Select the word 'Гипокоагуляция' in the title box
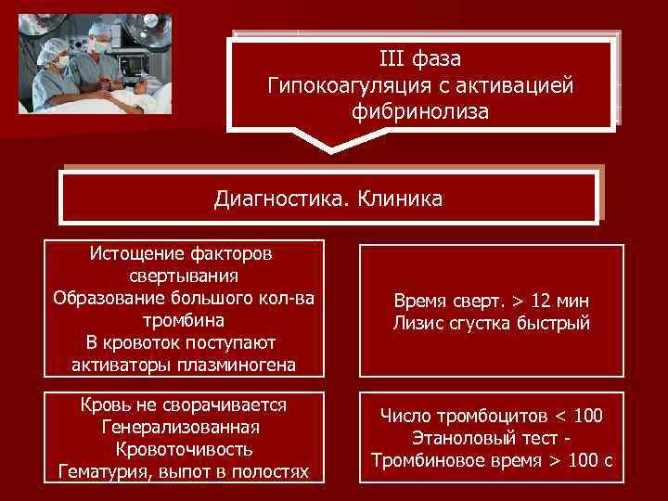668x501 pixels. click(338, 86)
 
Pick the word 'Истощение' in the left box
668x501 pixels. click(132, 252)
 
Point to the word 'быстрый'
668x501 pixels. click(557, 324)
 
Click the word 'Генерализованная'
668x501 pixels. click(182, 429)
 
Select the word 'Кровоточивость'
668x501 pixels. click(182, 451)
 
